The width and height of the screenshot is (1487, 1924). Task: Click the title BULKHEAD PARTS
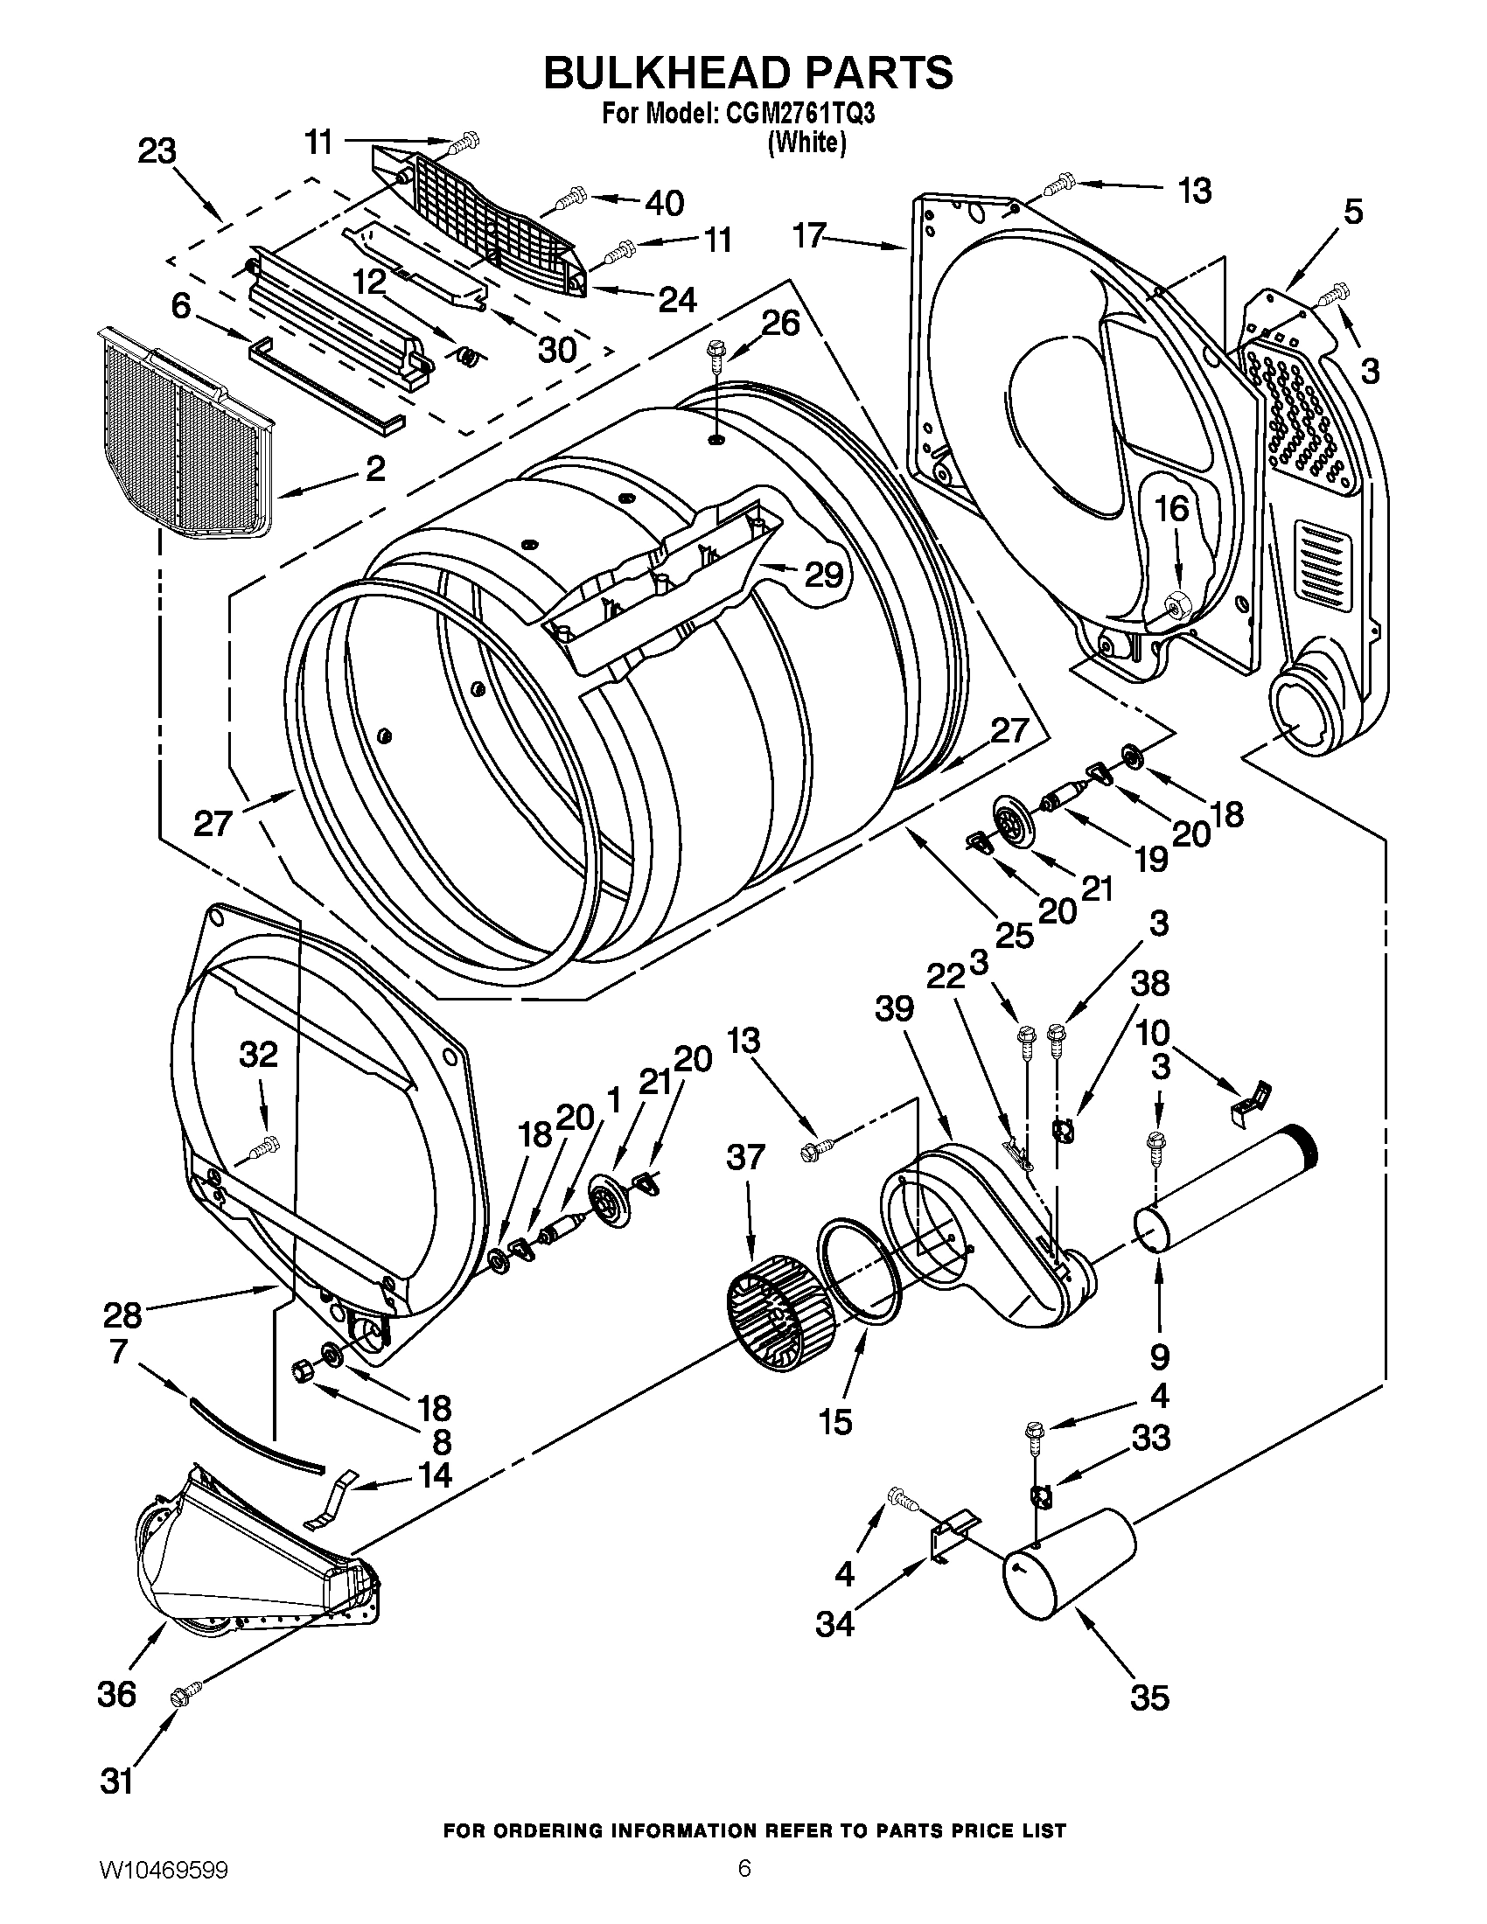(747, 73)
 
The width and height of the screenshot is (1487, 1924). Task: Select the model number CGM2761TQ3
(799, 115)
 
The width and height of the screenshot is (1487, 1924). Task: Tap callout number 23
(157, 151)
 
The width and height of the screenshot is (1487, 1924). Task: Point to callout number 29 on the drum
(824, 575)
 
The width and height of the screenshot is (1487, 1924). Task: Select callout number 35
(1149, 1697)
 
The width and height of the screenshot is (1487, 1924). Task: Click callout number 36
(116, 1693)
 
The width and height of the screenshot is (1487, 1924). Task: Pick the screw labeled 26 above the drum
(715, 360)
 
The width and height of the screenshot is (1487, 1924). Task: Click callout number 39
(894, 1009)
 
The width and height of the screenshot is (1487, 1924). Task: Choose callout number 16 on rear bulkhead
(1171, 509)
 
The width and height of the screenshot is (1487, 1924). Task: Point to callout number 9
(1159, 1356)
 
